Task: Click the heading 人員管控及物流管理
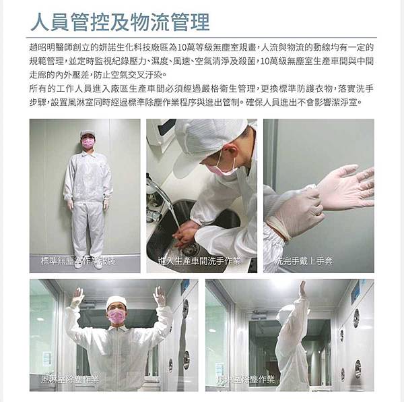point(120,22)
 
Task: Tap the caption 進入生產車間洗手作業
point(199,262)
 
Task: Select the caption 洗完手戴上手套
point(304,262)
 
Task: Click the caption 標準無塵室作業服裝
point(78,262)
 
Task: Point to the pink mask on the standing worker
point(88,143)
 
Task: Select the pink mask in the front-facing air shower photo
point(116,316)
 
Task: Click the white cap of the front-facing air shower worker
point(116,301)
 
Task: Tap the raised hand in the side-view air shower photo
point(302,289)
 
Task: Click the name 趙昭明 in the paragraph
point(42,47)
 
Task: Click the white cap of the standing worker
point(88,134)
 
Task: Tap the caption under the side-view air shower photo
point(246,380)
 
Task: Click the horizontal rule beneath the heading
point(201,38)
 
